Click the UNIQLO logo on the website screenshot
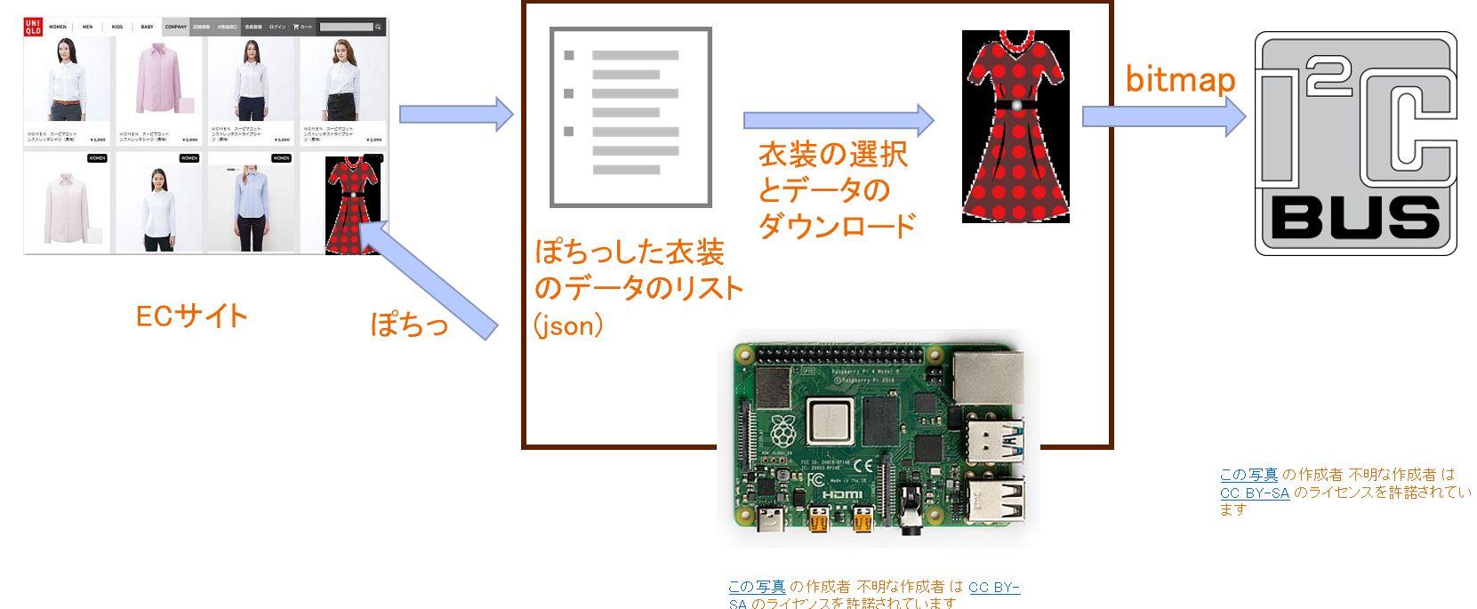(x=33, y=27)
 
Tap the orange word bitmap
(x=1180, y=80)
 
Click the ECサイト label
(x=191, y=316)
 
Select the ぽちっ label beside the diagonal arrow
(x=409, y=324)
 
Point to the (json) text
(x=568, y=325)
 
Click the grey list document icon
(x=630, y=117)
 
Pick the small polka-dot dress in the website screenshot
(x=352, y=205)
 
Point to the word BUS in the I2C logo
(x=1355, y=217)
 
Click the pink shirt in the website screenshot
(x=161, y=80)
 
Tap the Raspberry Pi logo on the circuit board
(x=783, y=431)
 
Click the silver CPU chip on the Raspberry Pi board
(x=830, y=420)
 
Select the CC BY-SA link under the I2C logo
(x=1254, y=493)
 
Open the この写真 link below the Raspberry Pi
(x=757, y=587)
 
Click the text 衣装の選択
(x=832, y=155)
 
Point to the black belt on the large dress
(x=1015, y=105)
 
